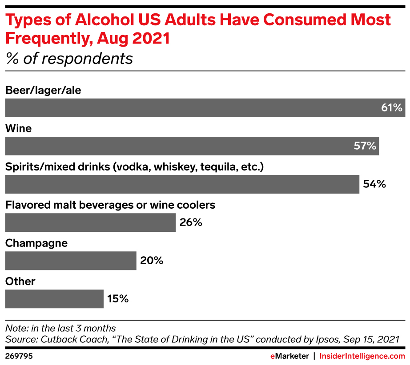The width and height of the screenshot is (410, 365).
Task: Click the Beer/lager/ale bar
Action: tap(191, 108)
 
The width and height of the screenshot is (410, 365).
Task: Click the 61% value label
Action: tap(391, 108)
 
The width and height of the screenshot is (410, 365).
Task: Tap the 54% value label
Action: tap(374, 184)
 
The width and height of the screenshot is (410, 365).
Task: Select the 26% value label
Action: tap(191, 222)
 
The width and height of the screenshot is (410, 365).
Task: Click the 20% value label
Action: tap(152, 261)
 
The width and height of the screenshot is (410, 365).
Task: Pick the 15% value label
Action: tap(118, 299)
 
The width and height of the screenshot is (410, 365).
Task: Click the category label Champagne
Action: tap(36, 243)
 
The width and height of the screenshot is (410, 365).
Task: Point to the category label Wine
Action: tap(18, 129)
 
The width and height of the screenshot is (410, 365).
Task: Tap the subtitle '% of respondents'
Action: tap(69, 59)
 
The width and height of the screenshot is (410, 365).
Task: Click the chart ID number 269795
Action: tap(19, 356)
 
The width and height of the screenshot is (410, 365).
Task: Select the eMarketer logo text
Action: tap(290, 356)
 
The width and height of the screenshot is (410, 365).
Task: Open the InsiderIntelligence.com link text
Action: tap(362, 356)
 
